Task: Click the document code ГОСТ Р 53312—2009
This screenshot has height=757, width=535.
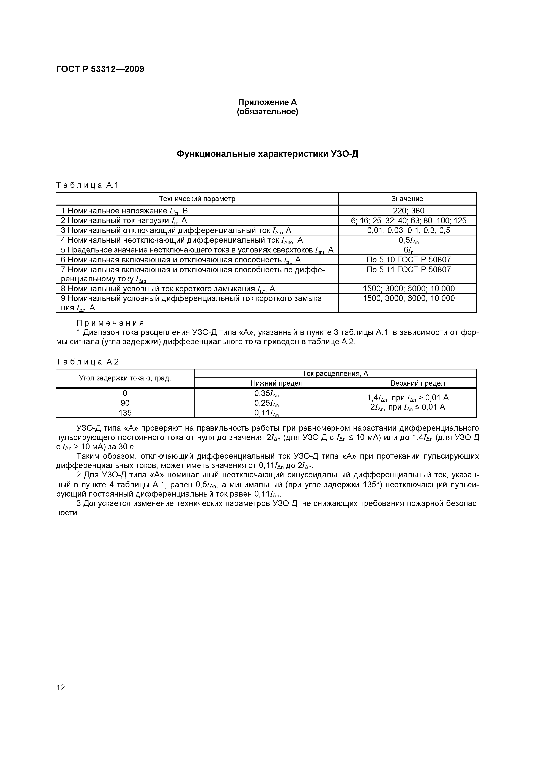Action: (100, 69)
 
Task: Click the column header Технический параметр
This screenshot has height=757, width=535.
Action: (197, 199)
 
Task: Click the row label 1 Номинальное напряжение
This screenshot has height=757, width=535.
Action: (124, 211)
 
